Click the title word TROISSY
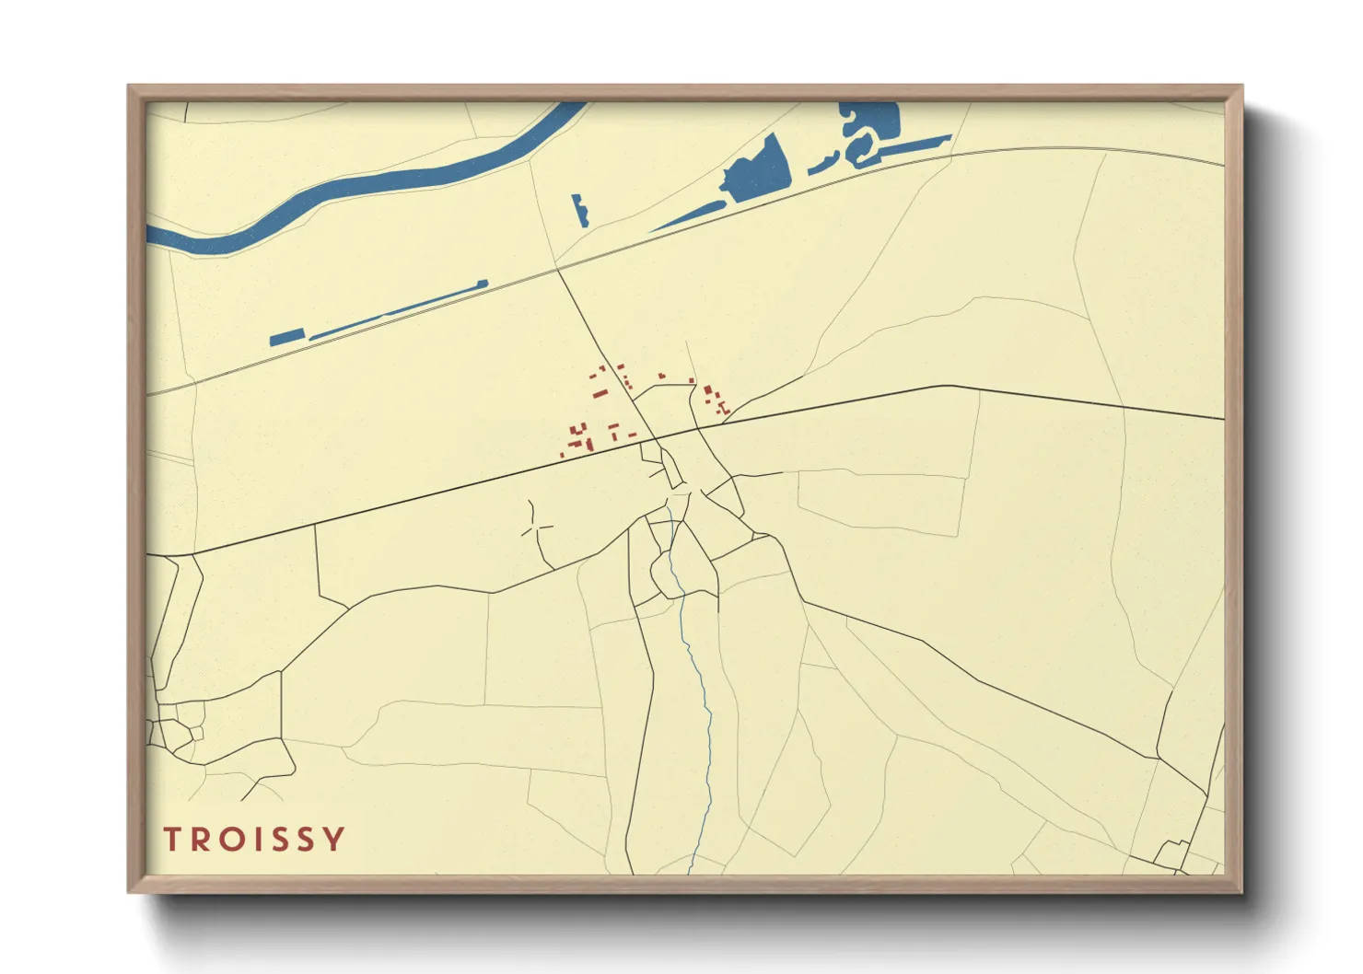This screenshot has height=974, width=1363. click(x=254, y=840)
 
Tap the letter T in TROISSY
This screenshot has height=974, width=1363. click(x=172, y=840)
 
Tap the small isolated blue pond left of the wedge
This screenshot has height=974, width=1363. click(x=579, y=210)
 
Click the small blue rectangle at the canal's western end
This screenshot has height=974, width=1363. click(x=286, y=337)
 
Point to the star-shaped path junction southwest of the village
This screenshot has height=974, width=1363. click(x=535, y=528)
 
